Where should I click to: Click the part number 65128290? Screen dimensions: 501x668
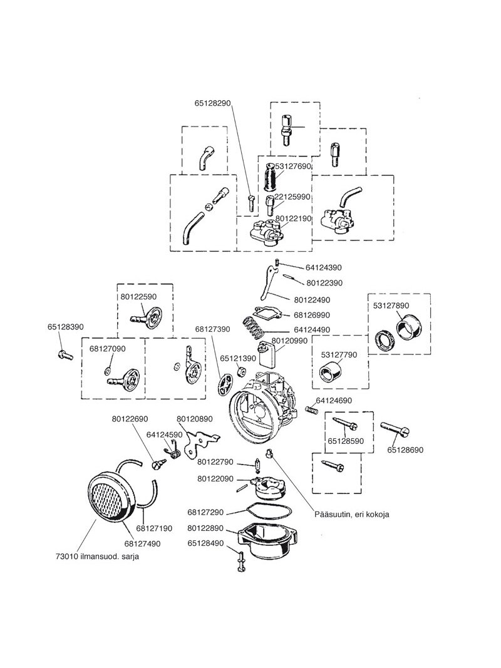pyautogui.click(x=212, y=103)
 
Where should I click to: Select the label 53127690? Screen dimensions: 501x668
pyautogui.click(x=293, y=166)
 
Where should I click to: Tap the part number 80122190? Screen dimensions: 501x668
pyautogui.click(x=293, y=218)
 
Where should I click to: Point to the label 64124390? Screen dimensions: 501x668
pyautogui.click(x=323, y=268)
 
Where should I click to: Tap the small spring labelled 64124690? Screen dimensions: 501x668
pyautogui.click(x=312, y=409)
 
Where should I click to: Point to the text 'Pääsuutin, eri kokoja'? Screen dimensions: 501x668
pyautogui.click(x=352, y=514)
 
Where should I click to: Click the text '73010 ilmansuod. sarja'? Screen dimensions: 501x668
pyautogui.click(x=97, y=557)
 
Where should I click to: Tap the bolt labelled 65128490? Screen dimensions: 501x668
pyautogui.click(x=239, y=562)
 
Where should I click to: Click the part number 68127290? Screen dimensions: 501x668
pyautogui.click(x=205, y=512)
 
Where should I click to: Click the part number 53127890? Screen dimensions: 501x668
pyautogui.click(x=391, y=306)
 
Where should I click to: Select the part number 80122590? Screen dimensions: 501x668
pyautogui.click(x=138, y=297)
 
